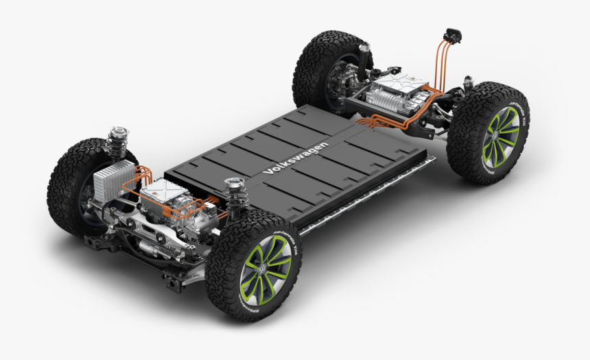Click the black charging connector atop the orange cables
point(453,36)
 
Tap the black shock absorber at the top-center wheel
point(362,62)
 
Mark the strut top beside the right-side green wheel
point(469,84)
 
